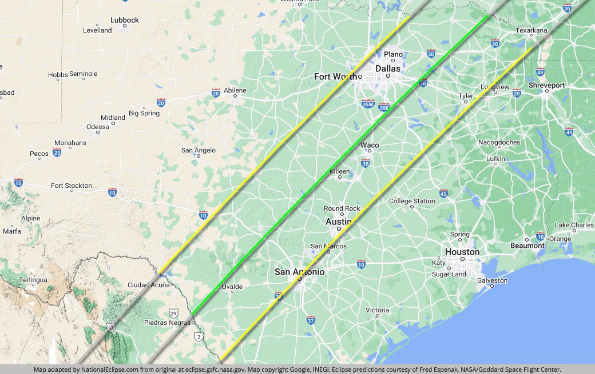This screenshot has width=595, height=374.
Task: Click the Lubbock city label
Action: [x=124, y=20]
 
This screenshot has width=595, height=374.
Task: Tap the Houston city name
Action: [x=462, y=252]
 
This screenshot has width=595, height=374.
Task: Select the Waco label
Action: [x=370, y=145]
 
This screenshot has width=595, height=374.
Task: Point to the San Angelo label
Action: [x=199, y=150]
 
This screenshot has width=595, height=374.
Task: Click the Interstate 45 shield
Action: [x=443, y=193]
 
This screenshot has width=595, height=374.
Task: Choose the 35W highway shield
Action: [x=368, y=104]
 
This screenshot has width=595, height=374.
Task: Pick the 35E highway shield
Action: [x=384, y=106]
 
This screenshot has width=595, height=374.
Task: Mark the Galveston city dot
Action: [x=492, y=286]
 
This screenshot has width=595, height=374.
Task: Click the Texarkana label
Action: [x=531, y=30]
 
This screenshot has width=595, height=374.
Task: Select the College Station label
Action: [x=412, y=201]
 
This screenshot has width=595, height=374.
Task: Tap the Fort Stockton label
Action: [x=72, y=186]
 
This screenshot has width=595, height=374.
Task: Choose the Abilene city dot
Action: [x=235, y=96]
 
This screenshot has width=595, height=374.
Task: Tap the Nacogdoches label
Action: [x=499, y=142]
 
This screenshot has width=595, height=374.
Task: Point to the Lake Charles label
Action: [x=574, y=225]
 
